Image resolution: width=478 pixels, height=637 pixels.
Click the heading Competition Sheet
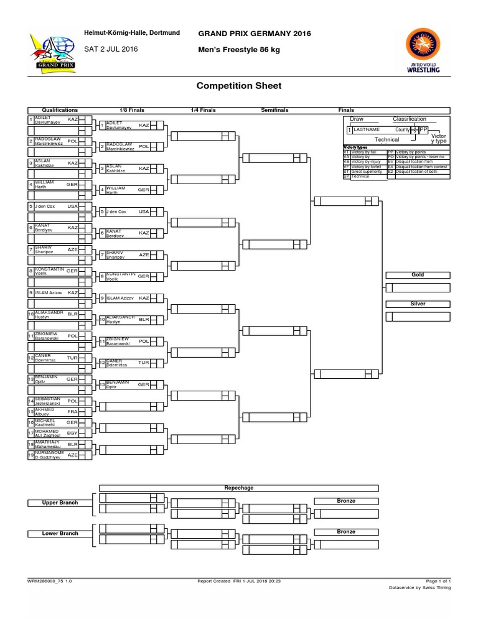click(x=239, y=86)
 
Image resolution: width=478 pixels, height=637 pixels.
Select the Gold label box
click(x=417, y=274)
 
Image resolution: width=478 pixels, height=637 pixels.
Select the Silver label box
click(x=417, y=304)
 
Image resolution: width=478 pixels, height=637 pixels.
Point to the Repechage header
click(x=239, y=488)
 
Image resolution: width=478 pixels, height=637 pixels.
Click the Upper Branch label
click(x=60, y=503)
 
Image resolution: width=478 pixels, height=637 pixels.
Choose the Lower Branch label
click(x=60, y=533)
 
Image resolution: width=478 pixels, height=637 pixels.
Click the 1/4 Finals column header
click(x=203, y=109)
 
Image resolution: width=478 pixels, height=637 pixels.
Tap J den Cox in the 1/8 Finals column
click(x=116, y=212)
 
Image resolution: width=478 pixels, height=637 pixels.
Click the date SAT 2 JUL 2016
click(x=111, y=49)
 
